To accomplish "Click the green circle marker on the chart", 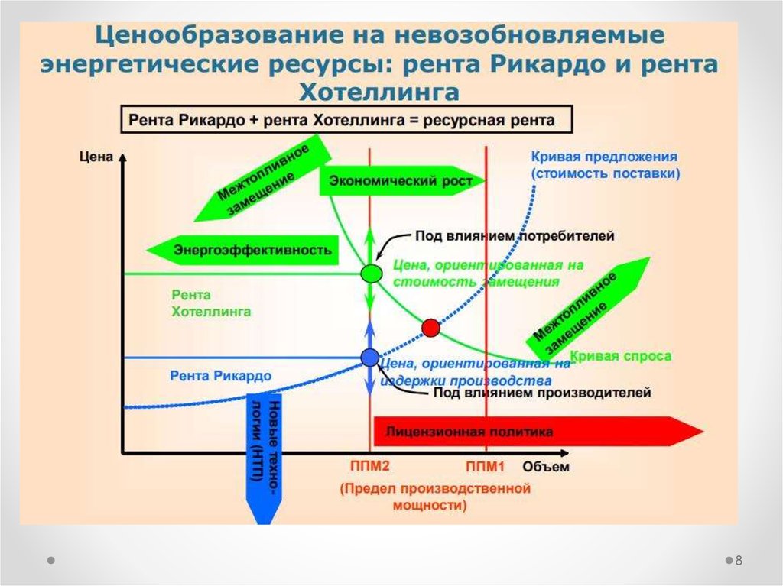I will [371, 272].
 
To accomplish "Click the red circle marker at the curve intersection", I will [431, 328].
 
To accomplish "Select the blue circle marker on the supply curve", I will [369, 357].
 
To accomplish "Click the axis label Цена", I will [96, 157].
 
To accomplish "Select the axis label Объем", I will [546, 467].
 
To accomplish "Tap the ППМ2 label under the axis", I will [370, 466].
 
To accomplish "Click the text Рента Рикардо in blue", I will [221, 376].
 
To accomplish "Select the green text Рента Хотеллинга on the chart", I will [211, 303].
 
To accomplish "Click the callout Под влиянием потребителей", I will [515, 236].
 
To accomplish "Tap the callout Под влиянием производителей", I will [541, 393].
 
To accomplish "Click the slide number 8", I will [739, 561].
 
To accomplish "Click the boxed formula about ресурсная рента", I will [340, 121].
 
